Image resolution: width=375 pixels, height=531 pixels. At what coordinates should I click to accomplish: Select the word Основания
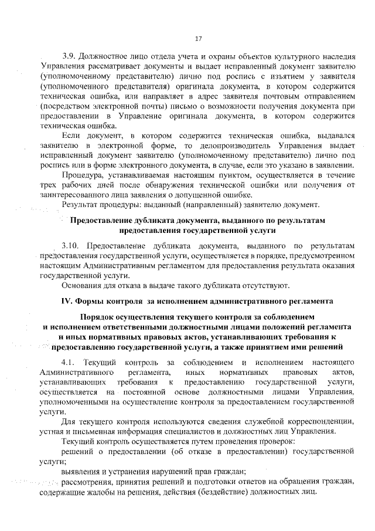point(84,286)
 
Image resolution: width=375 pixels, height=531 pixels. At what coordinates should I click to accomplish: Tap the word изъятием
point(279,77)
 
